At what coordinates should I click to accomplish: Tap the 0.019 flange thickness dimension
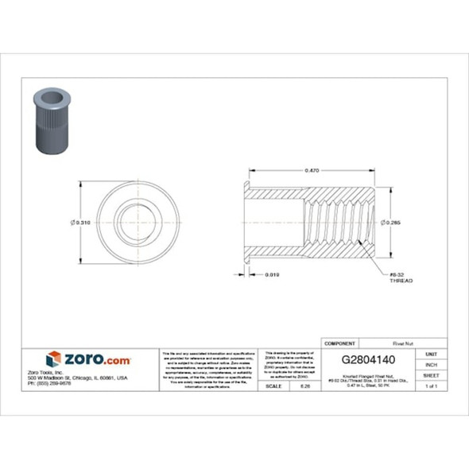point(273,274)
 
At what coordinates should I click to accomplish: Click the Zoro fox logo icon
point(54,359)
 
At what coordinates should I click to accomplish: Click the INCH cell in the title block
point(432,364)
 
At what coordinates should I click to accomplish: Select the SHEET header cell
point(432,374)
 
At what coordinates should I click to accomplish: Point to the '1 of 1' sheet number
point(432,386)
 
